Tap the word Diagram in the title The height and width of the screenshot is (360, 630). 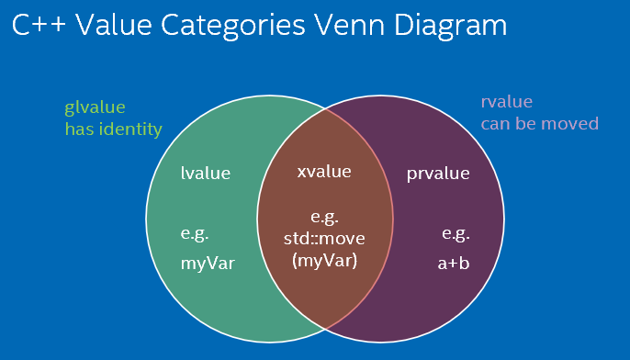[x=450, y=27]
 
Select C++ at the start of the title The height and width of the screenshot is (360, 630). [x=39, y=25]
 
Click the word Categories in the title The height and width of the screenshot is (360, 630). [x=233, y=27]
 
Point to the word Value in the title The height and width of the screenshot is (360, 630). [x=114, y=25]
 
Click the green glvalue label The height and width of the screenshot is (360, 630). [x=95, y=107]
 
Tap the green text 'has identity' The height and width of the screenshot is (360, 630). [x=114, y=129]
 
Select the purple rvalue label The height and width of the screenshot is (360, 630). [x=507, y=102]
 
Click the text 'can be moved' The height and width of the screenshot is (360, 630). [x=540, y=123]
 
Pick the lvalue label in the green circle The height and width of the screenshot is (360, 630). [x=206, y=173]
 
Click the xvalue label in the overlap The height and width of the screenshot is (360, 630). [x=324, y=172]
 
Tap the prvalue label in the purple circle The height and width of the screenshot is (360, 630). [x=438, y=174]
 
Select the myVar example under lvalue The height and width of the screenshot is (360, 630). [x=208, y=264]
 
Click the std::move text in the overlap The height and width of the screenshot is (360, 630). [x=324, y=238]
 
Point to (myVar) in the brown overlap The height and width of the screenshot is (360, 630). [x=325, y=261]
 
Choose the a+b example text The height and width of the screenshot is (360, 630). [x=454, y=264]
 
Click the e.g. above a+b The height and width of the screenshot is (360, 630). [x=456, y=234]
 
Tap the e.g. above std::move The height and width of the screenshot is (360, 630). [x=325, y=218]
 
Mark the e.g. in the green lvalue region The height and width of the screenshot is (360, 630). [x=195, y=234]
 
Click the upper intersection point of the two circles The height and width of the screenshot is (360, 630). [x=325, y=109]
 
